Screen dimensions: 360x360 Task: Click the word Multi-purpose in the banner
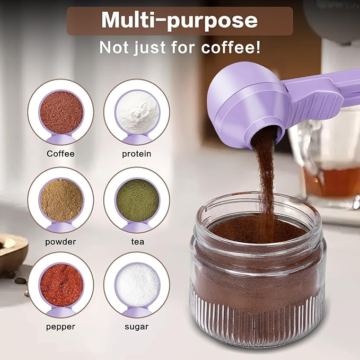179,20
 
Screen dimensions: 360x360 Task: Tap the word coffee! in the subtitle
232,47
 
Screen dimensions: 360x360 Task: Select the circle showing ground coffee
60,111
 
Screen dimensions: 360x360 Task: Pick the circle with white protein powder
137,111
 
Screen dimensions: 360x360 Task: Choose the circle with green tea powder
137,199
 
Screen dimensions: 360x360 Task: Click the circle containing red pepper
60,285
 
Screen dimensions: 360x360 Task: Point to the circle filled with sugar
137,285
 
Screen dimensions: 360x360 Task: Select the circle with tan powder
60,199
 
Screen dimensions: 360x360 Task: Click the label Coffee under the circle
60,154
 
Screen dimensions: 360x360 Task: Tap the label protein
136,154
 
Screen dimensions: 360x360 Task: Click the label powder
60,242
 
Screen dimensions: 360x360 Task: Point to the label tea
136,242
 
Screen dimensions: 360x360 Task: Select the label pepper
60,327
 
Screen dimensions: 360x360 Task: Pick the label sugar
136,327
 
